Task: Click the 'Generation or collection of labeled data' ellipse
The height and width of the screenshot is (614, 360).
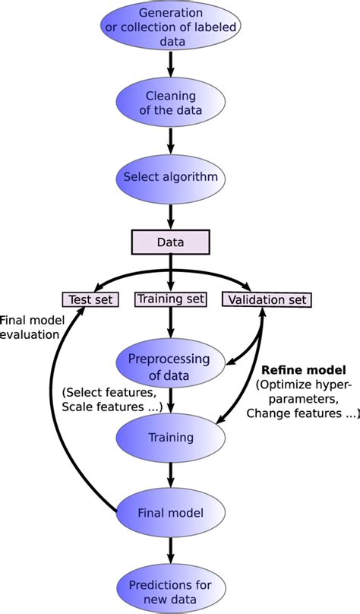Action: click(x=170, y=28)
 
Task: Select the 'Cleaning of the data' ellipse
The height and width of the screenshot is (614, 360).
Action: click(x=170, y=103)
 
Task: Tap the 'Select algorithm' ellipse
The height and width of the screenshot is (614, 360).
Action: click(x=170, y=178)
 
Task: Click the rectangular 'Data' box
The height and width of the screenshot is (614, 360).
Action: click(x=170, y=242)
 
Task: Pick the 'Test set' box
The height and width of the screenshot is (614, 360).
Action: click(x=90, y=299)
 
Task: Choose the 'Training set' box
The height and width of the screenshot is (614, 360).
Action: click(x=170, y=299)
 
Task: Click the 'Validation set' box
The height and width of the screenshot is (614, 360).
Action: click(x=267, y=299)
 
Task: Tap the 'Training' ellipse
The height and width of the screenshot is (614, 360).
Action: click(x=170, y=438)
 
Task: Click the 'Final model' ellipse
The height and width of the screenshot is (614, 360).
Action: click(x=170, y=512)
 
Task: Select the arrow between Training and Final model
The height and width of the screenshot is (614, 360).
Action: click(x=170, y=475)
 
